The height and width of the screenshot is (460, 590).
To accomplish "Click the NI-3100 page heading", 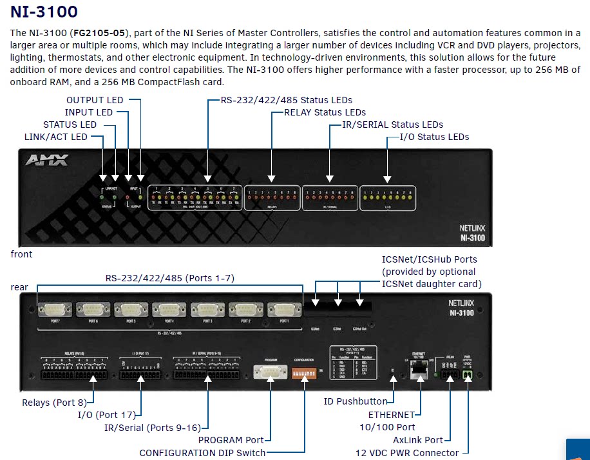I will pyautogui.click(x=44, y=12).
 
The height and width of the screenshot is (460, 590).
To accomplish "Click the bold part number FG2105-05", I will pyautogui.click(x=101, y=32).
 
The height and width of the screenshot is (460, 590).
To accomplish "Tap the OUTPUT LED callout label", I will pyautogui.click(x=95, y=100).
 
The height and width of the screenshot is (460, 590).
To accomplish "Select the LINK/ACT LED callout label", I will pyautogui.click(x=55, y=137).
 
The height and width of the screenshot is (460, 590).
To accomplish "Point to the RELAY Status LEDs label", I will pyautogui.click(x=325, y=112).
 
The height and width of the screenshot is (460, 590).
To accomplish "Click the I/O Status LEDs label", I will pyautogui.click(x=434, y=137).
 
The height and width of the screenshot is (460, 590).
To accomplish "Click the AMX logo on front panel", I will pyautogui.click(x=46, y=160).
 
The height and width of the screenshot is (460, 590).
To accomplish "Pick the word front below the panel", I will pyautogui.click(x=21, y=254).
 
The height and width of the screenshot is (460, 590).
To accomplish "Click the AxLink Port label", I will pyautogui.click(x=417, y=440).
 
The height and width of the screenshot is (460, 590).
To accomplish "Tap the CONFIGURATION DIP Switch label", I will pyautogui.click(x=202, y=453).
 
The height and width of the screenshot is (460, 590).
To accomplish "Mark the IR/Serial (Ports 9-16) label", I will pyautogui.click(x=153, y=428).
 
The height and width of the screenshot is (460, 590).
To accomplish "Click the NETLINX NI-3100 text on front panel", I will pyautogui.click(x=472, y=233).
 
